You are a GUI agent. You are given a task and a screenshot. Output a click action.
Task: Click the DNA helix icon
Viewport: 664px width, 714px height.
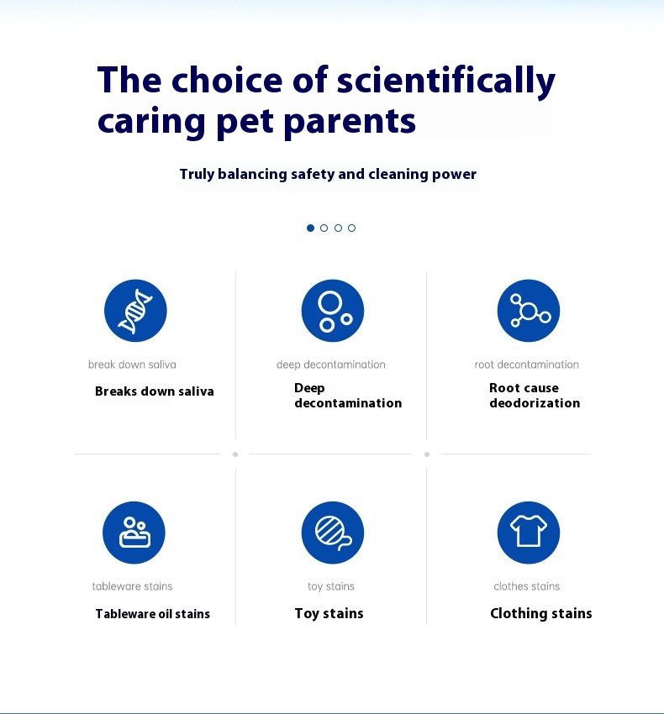tap(135, 311)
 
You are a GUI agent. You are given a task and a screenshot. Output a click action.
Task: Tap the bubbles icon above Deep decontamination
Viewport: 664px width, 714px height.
tap(333, 311)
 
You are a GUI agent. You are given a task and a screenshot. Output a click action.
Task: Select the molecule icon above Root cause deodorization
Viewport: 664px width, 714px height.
tap(528, 311)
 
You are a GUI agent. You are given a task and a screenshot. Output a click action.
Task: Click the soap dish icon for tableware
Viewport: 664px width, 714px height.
tap(134, 533)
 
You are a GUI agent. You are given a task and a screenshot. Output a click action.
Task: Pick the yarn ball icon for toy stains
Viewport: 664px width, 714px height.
tap(333, 533)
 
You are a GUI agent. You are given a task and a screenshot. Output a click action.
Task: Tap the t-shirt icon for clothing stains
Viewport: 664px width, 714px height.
tap(528, 533)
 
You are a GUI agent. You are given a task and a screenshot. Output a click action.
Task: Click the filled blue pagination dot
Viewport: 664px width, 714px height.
tap(310, 228)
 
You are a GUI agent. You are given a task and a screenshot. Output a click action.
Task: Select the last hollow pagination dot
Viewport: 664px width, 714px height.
tap(351, 228)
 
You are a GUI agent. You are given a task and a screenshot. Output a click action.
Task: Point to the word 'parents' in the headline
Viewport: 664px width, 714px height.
tap(350, 122)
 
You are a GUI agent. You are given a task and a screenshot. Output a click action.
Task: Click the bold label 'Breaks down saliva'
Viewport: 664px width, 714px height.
tap(155, 391)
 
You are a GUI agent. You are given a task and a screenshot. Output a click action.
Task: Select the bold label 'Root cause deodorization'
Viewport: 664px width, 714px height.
tap(535, 396)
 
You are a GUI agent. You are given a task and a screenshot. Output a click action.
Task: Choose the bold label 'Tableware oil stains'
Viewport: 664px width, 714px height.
tap(153, 614)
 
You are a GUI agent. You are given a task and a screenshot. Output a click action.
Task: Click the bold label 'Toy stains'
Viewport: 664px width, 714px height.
tap(329, 614)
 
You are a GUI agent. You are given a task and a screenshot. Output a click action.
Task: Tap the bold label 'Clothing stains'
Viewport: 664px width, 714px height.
tap(541, 614)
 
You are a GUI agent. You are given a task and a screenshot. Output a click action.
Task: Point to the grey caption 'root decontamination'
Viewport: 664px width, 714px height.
tap(526, 365)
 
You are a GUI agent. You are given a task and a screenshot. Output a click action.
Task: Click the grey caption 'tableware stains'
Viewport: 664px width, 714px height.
tap(132, 586)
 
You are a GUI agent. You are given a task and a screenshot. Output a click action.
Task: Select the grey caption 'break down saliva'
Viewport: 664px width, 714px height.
tap(132, 365)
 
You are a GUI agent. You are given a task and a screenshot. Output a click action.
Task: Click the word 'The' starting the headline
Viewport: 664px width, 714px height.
tap(129, 80)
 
